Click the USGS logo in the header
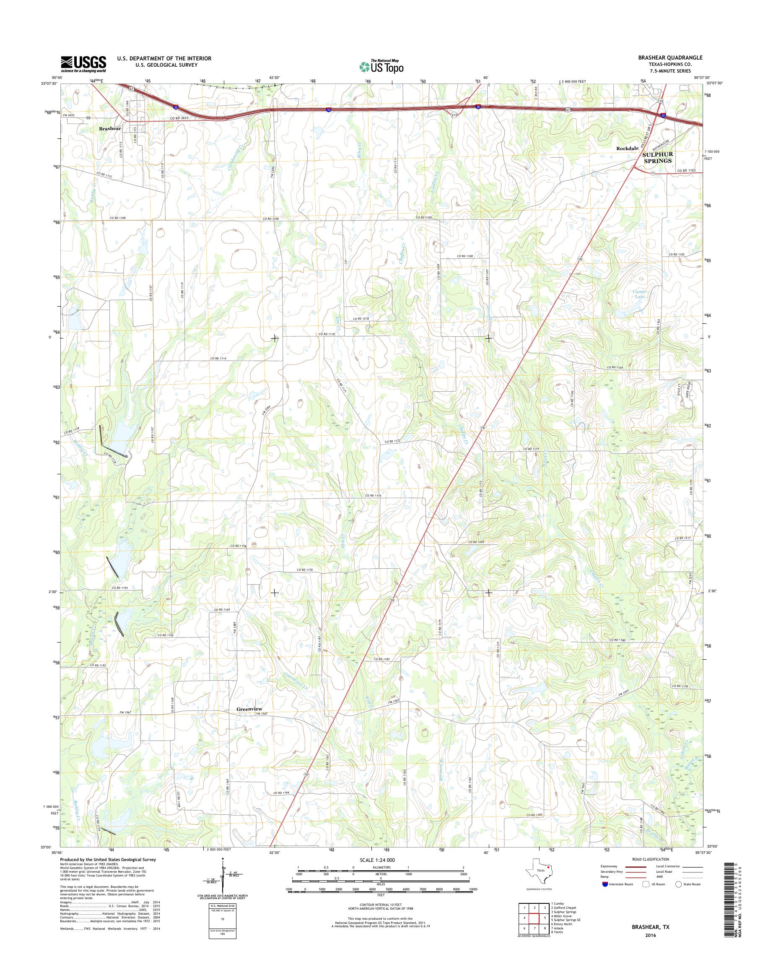pyautogui.click(x=83, y=64)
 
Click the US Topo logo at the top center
pyautogui.click(x=381, y=66)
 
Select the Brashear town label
pyautogui.click(x=110, y=128)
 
